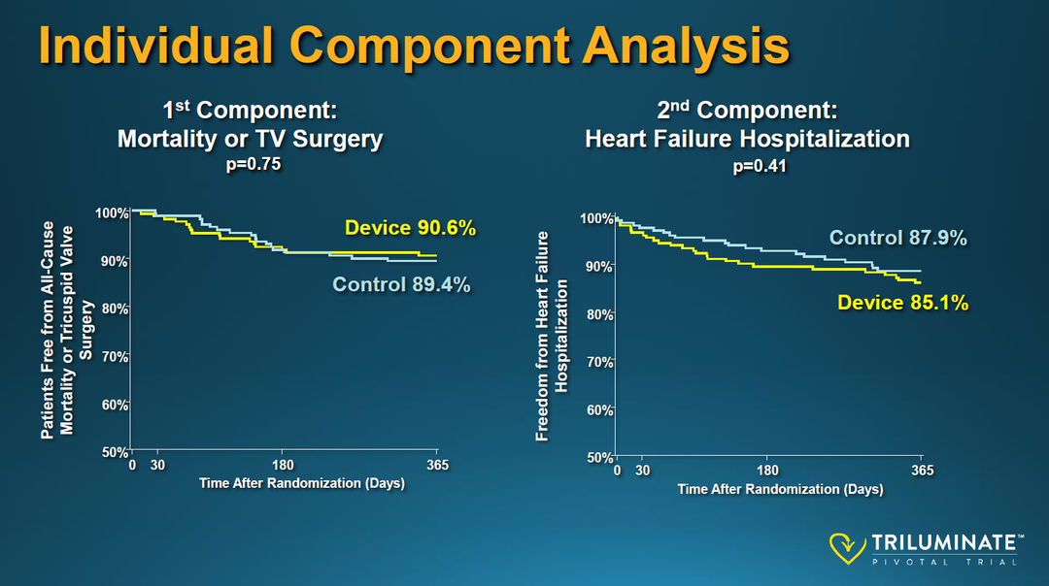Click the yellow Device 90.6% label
point(410,229)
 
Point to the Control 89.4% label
point(401,284)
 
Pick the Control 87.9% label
point(897,239)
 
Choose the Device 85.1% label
point(903,303)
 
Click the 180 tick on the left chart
point(283,466)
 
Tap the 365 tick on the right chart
point(922,472)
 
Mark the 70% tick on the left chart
point(115,357)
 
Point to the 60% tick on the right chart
point(599,410)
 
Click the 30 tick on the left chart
point(157,466)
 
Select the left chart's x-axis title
point(301,483)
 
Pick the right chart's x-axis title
point(780,489)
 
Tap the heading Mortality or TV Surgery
point(250,140)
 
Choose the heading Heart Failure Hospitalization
point(747,140)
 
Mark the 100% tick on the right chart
point(596,219)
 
